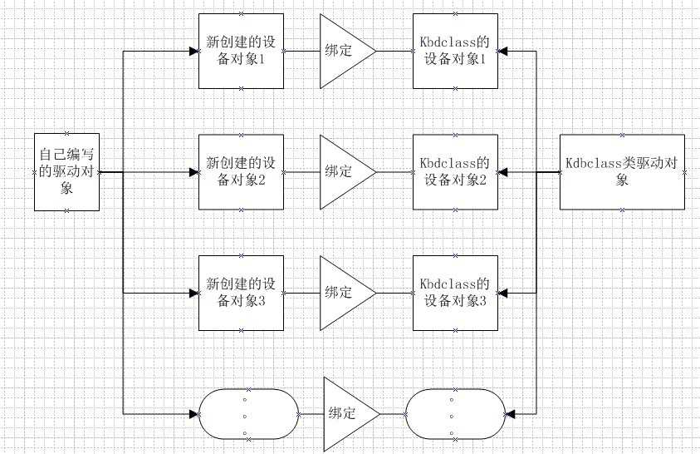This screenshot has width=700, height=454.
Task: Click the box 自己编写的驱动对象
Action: point(67,171)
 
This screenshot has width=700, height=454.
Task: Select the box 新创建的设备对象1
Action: point(241,50)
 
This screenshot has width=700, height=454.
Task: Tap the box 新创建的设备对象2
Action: point(241,171)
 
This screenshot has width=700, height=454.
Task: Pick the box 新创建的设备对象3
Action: point(241,293)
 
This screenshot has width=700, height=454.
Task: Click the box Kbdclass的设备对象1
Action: point(455,50)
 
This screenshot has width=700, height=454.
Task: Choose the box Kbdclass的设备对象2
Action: point(455,171)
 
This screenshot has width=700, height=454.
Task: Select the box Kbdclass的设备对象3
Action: point(455,293)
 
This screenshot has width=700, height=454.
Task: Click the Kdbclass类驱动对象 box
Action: point(622,171)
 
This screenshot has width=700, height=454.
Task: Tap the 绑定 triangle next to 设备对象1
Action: point(343,51)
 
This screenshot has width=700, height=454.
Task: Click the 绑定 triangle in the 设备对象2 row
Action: point(343,172)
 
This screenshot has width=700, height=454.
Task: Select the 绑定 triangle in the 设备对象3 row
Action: point(343,293)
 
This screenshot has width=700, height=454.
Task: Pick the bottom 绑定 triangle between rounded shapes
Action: point(346,413)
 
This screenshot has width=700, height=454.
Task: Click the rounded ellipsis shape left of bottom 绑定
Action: point(246,413)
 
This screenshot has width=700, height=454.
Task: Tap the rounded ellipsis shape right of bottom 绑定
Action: point(454,413)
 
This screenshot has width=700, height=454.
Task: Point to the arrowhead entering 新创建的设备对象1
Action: point(193,51)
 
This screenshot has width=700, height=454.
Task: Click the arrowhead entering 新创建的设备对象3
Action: point(193,293)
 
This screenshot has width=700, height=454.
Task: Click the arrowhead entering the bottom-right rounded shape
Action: point(509,413)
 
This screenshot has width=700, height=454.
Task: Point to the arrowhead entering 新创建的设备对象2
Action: point(193,172)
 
